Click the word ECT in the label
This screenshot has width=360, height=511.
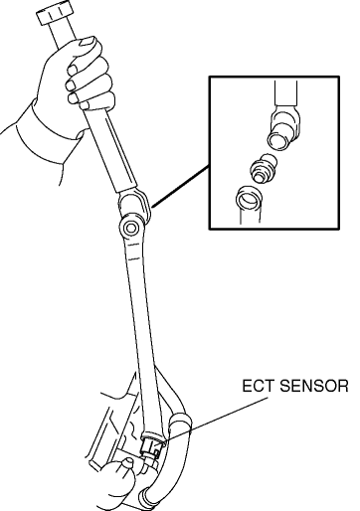(258, 386)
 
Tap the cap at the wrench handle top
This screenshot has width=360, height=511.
(55, 13)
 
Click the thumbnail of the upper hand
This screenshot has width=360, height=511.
(88, 41)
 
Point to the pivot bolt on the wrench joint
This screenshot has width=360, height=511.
(131, 228)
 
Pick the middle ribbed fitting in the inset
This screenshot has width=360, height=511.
(264, 168)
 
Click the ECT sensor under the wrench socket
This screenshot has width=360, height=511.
(151, 450)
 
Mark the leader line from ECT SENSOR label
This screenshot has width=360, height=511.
(217, 419)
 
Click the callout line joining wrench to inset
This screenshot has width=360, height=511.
(180, 187)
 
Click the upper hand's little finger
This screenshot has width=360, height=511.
(94, 101)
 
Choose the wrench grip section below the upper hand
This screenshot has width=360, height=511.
(112, 151)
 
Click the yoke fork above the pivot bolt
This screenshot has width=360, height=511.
(134, 206)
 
